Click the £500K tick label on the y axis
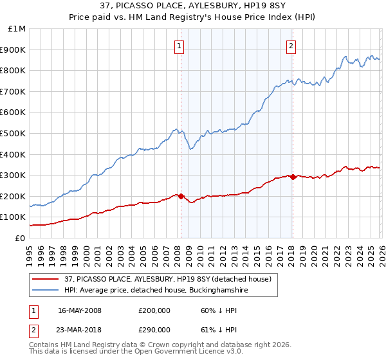pyautogui.click(x=13, y=133)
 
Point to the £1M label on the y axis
pyautogui.click(x=17, y=29)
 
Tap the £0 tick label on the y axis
pyautogui.click(x=21, y=238)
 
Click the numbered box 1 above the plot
pyautogui.click(x=178, y=46)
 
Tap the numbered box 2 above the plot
pyautogui.click(x=291, y=46)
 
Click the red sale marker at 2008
pyautogui.click(x=181, y=196)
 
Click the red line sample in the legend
pyautogui.click(x=46, y=279)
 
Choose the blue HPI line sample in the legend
pyautogui.click(x=46, y=290)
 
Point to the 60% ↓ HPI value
pyautogui.click(x=218, y=310)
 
